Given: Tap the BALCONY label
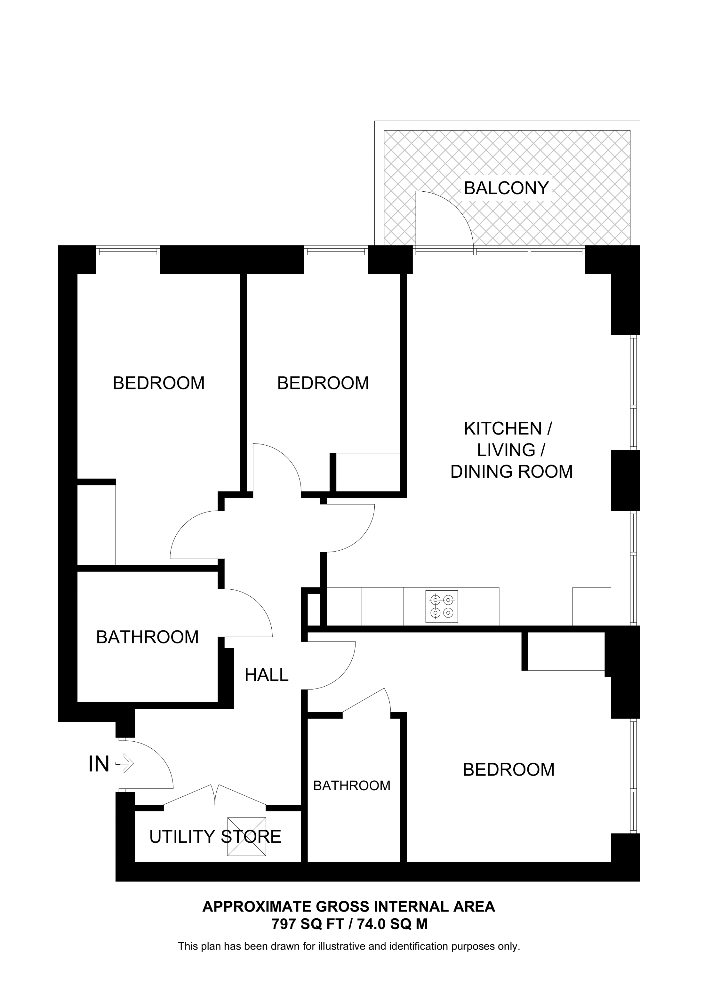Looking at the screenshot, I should (506, 188).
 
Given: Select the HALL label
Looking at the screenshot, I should (266, 675).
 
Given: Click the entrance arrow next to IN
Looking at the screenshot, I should (125, 763).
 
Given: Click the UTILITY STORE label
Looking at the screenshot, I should (215, 837).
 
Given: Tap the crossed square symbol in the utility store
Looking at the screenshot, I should (246, 837).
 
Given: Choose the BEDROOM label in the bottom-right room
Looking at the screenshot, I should (508, 770).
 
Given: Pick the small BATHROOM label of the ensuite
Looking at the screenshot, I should (351, 785).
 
